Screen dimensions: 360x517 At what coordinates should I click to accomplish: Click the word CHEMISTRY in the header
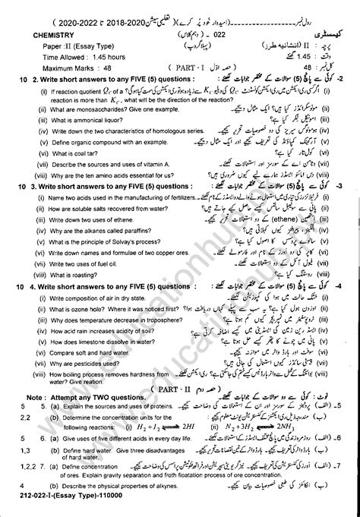(51, 34)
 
